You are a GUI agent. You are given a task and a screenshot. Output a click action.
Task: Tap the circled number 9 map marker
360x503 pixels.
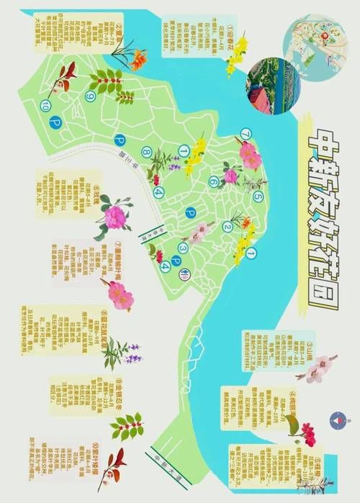91,96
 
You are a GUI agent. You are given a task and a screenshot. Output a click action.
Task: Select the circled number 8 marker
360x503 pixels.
146,151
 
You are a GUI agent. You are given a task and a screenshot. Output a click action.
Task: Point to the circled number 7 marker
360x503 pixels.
246,134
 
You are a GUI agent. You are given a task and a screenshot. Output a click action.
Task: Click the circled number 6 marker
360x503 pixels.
213,182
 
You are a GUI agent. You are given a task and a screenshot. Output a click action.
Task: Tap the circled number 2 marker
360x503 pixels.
228,227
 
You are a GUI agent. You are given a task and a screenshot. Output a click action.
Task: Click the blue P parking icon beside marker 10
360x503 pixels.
54,124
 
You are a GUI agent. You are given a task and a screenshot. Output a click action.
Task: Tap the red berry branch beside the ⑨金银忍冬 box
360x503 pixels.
127,426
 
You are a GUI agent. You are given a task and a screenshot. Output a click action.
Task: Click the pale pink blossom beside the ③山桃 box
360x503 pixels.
318,368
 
